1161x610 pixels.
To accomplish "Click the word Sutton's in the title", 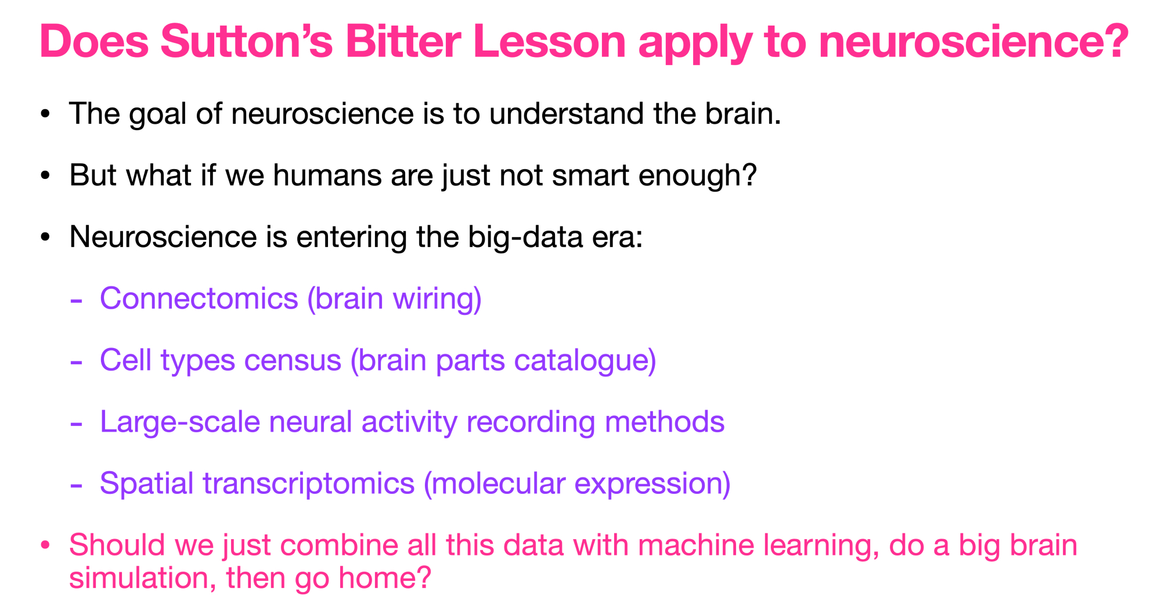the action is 247,41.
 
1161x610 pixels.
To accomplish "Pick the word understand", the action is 567,113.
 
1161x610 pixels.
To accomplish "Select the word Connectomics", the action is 199,299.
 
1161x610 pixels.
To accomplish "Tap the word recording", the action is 531,423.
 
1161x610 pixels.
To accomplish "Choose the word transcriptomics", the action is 309,484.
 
